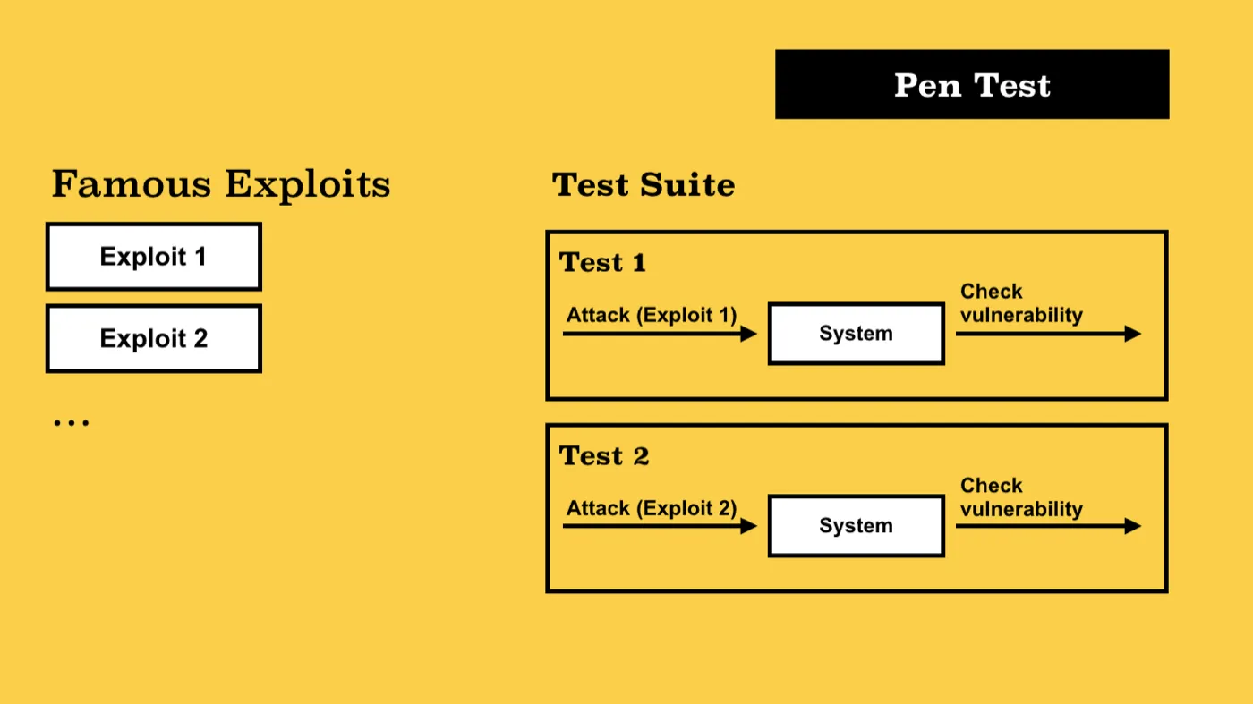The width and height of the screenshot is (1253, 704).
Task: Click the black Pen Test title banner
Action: click(972, 84)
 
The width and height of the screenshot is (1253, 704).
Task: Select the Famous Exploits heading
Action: click(221, 184)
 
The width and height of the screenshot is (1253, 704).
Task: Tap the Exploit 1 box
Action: click(154, 257)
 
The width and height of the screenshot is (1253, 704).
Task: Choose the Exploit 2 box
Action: click(154, 338)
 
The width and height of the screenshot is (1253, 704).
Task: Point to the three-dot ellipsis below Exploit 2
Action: click(71, 423)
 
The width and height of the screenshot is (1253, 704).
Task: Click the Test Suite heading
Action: click(644, 185)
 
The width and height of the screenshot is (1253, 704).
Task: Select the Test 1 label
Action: click(602, 262)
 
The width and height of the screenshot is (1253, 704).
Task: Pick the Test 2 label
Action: click(604, 455)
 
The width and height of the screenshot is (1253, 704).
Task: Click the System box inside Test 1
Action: click(857, 334)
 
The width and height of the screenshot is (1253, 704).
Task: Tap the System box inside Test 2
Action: click(857, 526)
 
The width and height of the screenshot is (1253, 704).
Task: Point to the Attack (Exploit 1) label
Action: click(652, 315)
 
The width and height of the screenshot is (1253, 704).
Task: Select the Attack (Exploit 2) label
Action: click(652, 508)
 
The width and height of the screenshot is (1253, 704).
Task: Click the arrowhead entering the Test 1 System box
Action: click(748, 334)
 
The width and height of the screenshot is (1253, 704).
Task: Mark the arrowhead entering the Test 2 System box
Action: click(748, 526)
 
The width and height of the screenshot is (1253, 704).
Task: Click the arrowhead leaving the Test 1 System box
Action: click(1133, 334)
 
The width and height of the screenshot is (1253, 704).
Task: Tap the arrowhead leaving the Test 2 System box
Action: click(1133, 526)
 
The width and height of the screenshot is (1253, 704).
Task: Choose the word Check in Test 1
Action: click(992, 292)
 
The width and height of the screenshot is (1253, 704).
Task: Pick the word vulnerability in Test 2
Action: click(1021, 509)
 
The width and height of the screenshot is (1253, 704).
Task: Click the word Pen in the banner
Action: click(927, 86)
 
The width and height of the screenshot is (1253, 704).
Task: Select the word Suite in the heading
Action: click(687, 185)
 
